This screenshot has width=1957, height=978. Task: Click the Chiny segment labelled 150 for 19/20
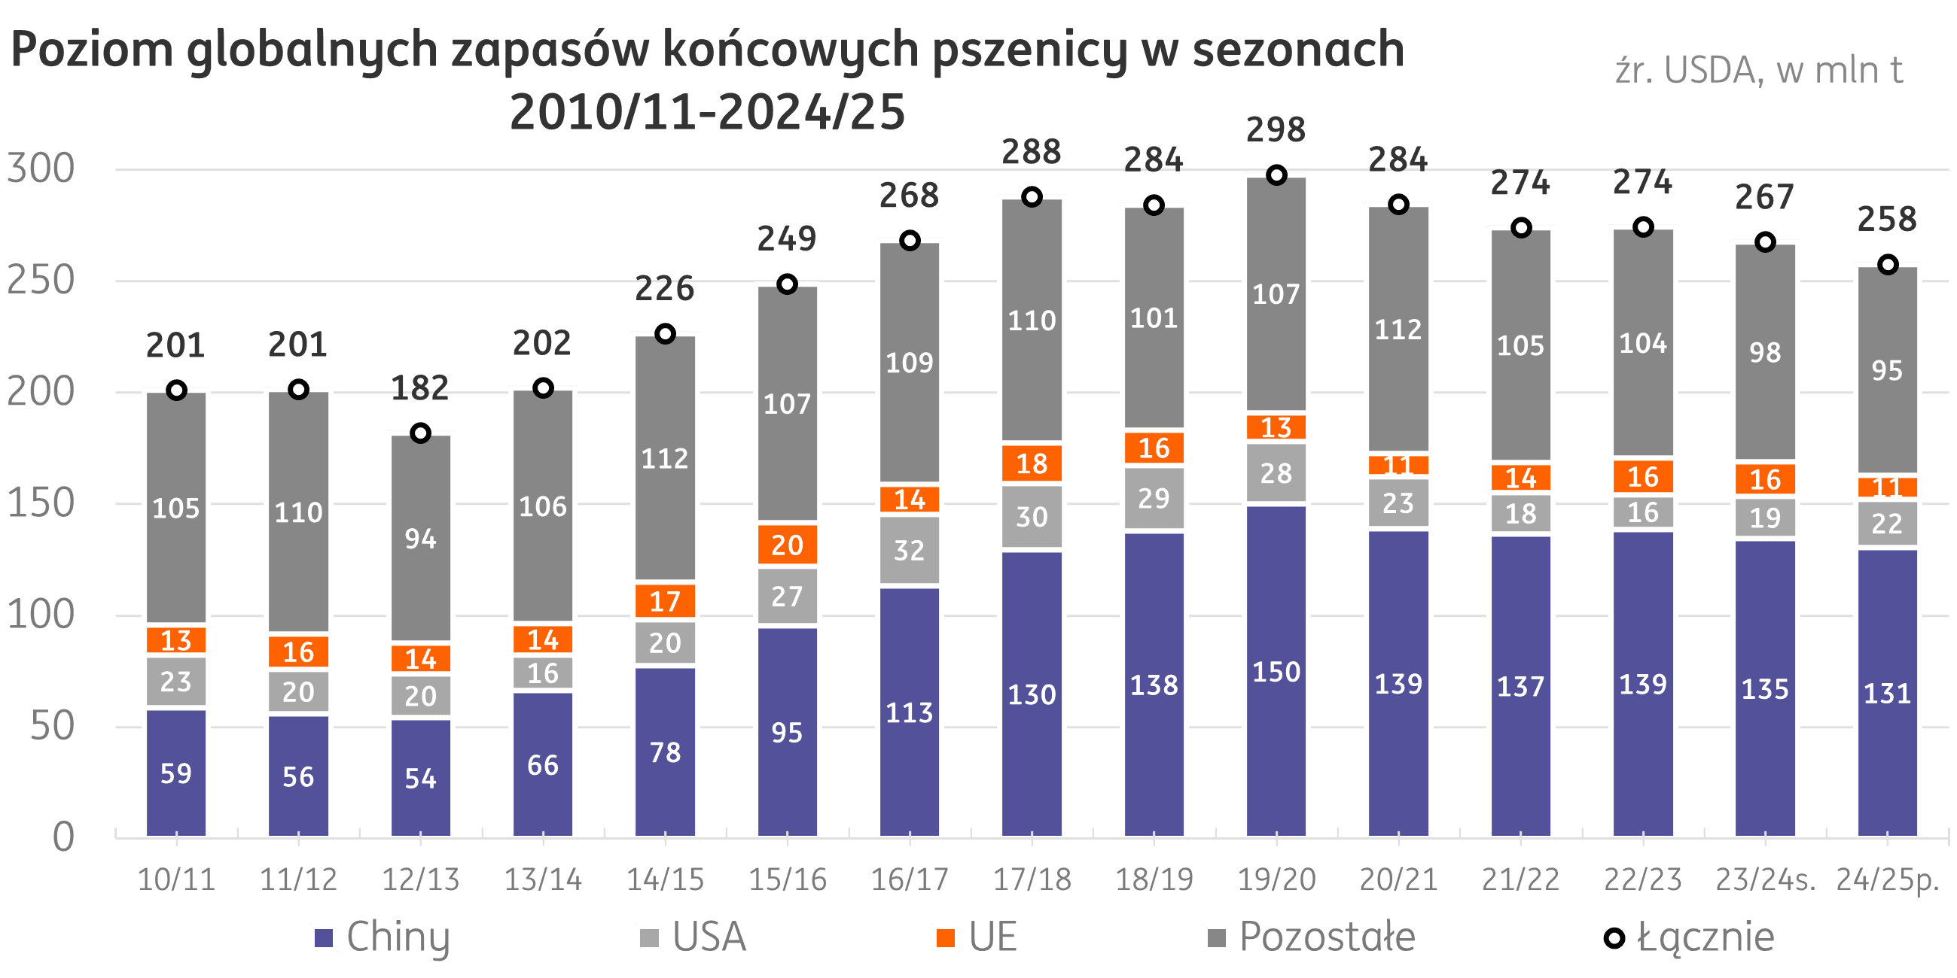tap(1276, 671)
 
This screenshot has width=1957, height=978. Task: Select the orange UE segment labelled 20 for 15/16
tap(787, 545)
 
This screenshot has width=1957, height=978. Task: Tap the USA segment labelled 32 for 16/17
tap(910, 551)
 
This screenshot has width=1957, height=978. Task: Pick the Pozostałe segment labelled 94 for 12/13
tap(420, 539)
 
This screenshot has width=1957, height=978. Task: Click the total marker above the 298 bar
tap(1276, 175)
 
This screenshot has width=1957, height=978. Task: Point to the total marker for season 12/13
tap(420, 433)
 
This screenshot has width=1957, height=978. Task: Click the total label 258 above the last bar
tap(1887, 220)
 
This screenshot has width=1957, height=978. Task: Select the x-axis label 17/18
tap(1032, 879)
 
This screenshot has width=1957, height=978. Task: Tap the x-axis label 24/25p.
tap(1887, 879)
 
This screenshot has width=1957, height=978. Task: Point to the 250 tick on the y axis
tap(41, 280)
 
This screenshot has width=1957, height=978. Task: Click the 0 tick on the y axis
tap(64, 837)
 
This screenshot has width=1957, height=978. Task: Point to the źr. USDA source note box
tap(1760, 82)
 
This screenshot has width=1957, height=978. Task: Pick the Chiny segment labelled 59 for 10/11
tap(176, 773)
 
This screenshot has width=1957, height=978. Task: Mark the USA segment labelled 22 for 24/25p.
tap(1887, 523)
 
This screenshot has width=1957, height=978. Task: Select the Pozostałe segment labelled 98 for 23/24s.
tap(1765, 352)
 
